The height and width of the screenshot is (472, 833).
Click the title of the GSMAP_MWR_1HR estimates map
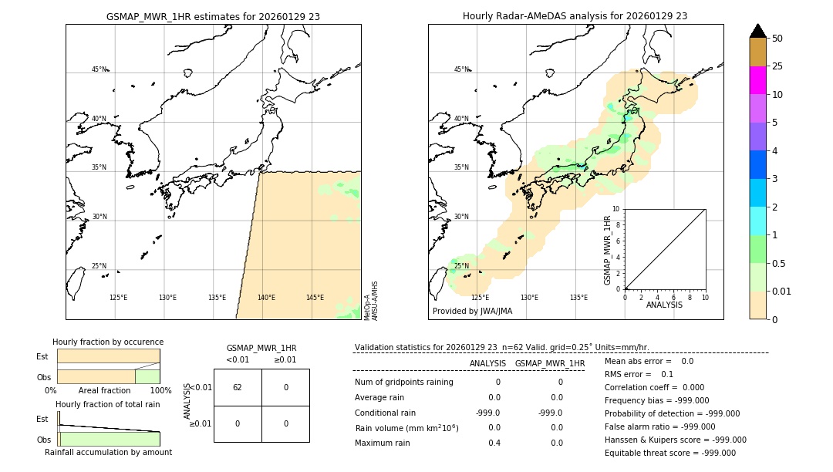tap(213, 16)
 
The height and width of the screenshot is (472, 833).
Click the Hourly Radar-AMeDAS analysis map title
tap(575, 16)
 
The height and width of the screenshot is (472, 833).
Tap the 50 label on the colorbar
tap(777, 39)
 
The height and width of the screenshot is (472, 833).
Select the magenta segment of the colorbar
tap(757, 80)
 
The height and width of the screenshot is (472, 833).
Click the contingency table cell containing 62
tap(238, 387)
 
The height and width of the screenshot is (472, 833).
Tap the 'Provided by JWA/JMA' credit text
tap(472, 312)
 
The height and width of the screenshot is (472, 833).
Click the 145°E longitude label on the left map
tap(315, 298)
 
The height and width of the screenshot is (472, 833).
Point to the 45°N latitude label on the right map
tap(460, 69)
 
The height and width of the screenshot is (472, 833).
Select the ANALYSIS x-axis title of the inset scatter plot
tap(664, 305)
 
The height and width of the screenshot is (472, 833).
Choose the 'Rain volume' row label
tap(406, 428)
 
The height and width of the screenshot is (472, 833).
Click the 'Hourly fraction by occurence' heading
tap(108, 342)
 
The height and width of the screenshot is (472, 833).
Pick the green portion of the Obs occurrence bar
tap(147, 376)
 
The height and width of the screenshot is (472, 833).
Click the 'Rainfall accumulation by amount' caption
tap(108, 452)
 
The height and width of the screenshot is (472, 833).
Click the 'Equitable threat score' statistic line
tap(669, 453)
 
